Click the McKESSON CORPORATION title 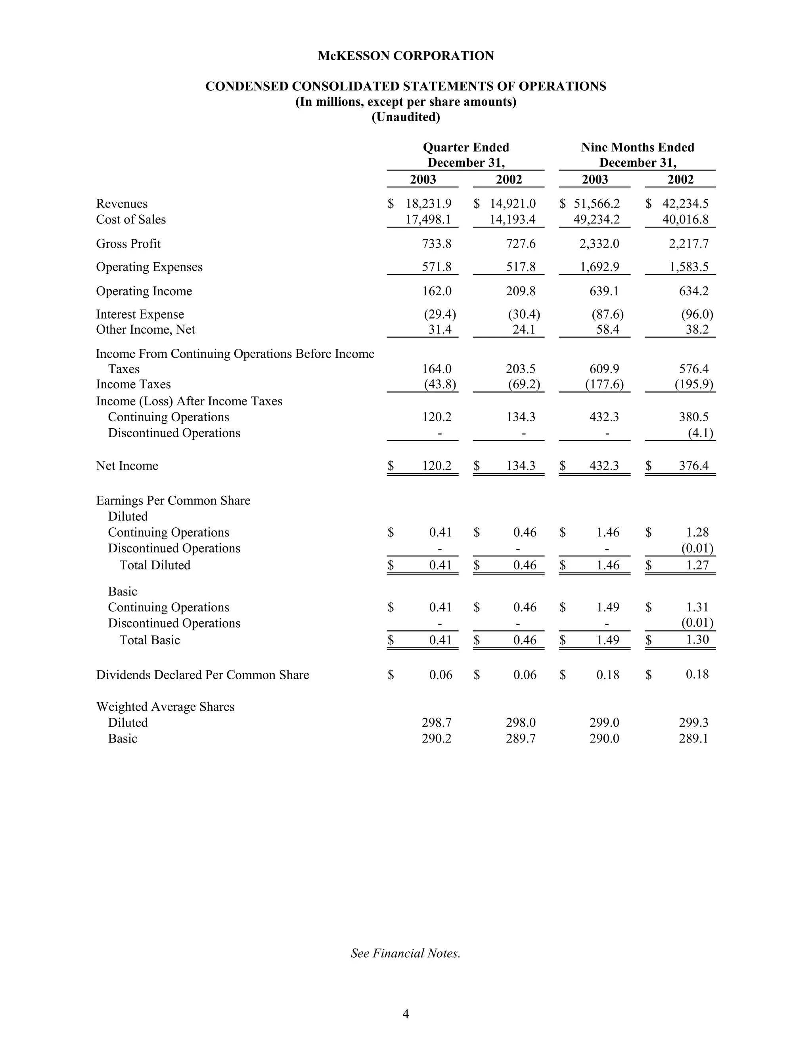406,56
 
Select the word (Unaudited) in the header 406,117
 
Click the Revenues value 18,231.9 429,204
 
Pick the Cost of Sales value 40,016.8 685,220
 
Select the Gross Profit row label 128,244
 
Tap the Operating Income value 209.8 521,291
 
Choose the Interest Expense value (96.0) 697,315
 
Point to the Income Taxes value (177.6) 604,385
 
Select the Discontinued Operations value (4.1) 701,433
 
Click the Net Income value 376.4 694,466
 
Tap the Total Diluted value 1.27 697,565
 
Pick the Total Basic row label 149,640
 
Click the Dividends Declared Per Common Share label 203,675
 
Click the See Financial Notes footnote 406,953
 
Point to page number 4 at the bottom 406,1014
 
